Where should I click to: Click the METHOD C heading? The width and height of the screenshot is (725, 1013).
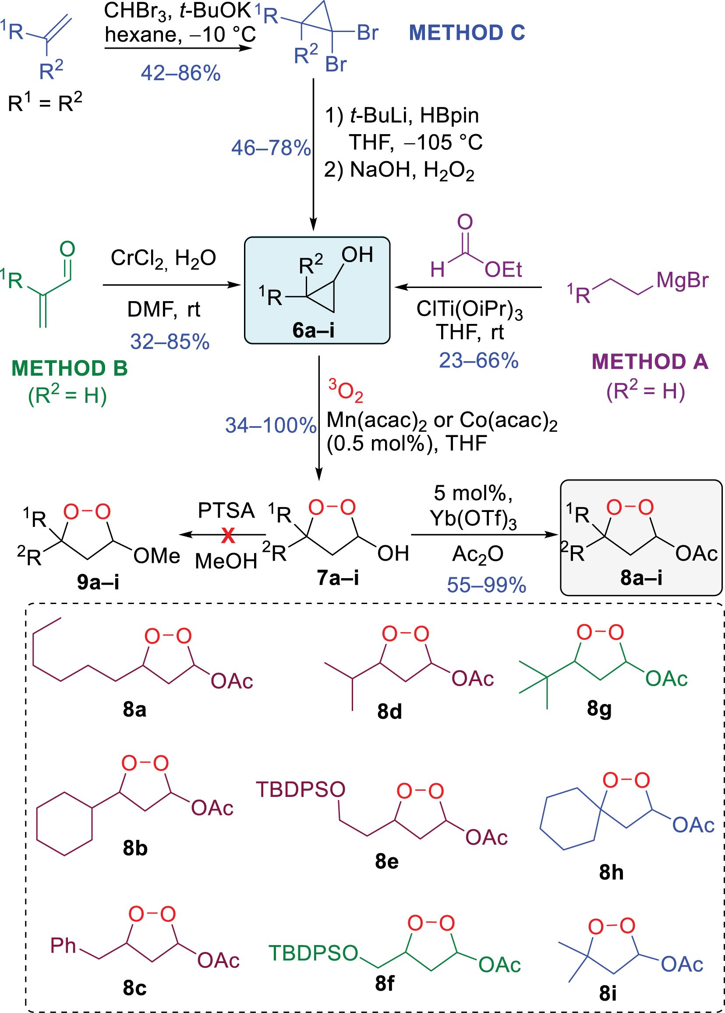pos(467,32)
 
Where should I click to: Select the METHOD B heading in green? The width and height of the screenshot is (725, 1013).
pos(70,369)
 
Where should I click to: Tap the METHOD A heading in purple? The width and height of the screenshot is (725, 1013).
pos(650,362)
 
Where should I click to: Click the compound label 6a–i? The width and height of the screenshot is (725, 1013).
pos(313,331)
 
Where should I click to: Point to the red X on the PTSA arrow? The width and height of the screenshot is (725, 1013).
pos(228,535)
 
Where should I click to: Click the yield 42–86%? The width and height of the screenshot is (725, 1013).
pos(181,73)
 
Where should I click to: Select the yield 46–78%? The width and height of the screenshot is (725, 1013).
pos(271,148)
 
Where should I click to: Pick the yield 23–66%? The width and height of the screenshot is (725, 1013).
pos(478,360)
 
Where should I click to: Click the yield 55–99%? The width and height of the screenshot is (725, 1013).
pos(487,585)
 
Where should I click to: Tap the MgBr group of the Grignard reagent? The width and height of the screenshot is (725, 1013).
pos(682,281)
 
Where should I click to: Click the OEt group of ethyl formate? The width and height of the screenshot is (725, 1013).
pos(503,270)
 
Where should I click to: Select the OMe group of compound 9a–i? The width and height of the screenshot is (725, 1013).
pos(157,556)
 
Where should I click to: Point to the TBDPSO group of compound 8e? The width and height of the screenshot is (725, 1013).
pos(301,790)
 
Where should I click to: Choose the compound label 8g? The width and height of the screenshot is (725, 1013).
pos(599,710)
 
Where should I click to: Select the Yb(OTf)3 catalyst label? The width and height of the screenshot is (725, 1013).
pos(473,519)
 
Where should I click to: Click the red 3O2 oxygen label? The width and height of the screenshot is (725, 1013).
pos(346,391)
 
